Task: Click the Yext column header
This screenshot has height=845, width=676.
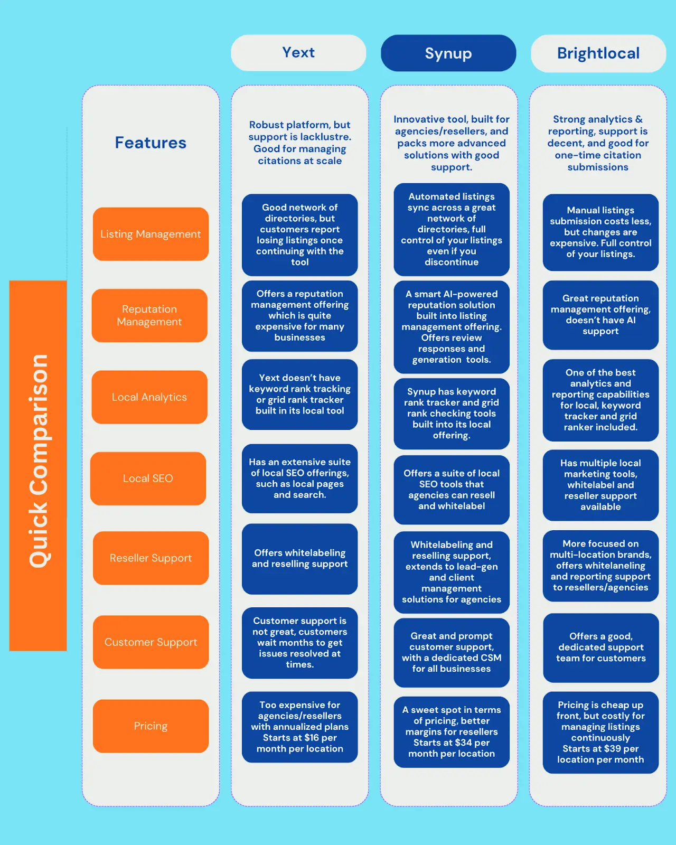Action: tap(298, 53)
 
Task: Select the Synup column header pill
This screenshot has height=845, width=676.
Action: tap(448, 53)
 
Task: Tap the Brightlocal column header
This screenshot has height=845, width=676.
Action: tap(598, 53)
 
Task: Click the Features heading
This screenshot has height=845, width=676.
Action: tap(151, 143)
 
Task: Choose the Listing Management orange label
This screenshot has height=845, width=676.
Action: tap(151, 234)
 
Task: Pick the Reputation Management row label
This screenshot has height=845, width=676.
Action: tap(149, 315)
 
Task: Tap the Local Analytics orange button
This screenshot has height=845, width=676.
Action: tap(149, 397)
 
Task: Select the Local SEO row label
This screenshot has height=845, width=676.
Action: tap(148, 478)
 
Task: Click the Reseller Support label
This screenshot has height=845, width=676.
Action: tap(151, 558)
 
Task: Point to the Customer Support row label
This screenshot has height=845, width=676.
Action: tap(151, 642)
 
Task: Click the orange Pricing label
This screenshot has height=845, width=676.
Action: tap(151, 726)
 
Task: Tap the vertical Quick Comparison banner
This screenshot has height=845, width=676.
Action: tap(38, 465)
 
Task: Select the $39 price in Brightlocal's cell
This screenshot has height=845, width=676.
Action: tap(613, 749)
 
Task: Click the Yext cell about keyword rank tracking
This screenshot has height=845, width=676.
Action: tap(299, 395)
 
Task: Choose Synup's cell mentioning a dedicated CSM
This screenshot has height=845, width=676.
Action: tap(452, 653)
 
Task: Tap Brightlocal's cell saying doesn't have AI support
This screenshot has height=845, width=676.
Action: tap(600, 315)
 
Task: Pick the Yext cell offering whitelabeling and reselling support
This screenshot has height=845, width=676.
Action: tap(299, 559)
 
